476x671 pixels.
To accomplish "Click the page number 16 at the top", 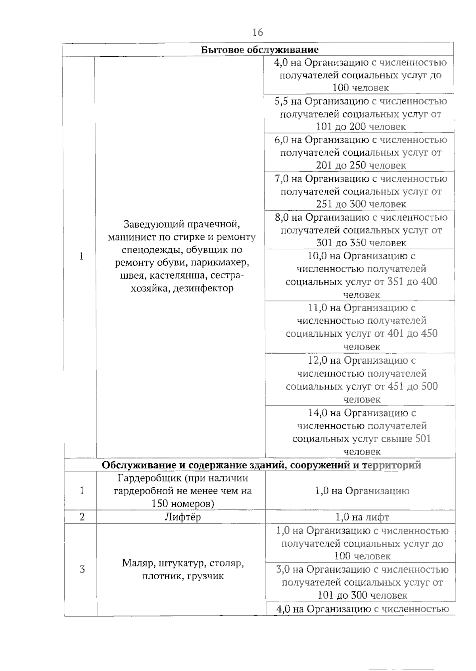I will click(x=257, y=32).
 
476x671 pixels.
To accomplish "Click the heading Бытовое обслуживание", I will click(x=259, y=50).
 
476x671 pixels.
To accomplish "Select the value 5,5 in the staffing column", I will click(x=281, y=101).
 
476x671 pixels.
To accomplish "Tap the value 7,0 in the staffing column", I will click(x=282, y=179).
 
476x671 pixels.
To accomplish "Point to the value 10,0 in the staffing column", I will click(x=317, y=256).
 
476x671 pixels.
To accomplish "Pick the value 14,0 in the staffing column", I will click(x=318, y=413).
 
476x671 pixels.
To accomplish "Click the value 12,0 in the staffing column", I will click(x=318, y=361).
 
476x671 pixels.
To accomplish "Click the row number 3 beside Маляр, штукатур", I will click(x=82, y=569).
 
